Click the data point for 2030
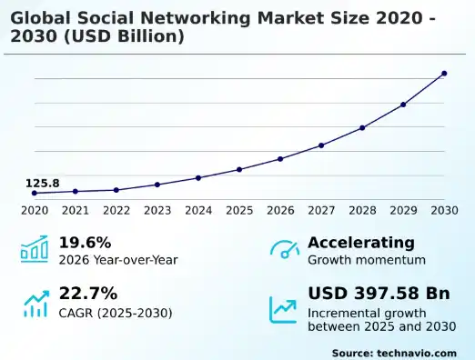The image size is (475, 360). pyautogui.click(x=444, y=74)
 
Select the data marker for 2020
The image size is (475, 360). pyautogui.click(x=35, y=193)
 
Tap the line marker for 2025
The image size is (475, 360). pyautogui.click(x=239, y=170)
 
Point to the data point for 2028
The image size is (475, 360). pyautogui.click(x=362, y=128)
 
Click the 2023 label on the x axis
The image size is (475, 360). pyautogui.click(x=157, y=211)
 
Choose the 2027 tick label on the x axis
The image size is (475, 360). pyautogui.click(x=321, y=211)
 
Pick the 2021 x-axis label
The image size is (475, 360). pyautogui.click(x=76, y=211)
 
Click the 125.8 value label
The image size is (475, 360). pyautogui.click(x=43, y=184)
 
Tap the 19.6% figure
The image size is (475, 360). pyautogui.click(x=85, y=243)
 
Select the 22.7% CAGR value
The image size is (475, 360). pyautogui.click(x=88, y=294)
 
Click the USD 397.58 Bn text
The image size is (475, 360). pyautogui.click(x=379, y=294)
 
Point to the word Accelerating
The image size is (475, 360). pyautogui.click(x=361, y=243)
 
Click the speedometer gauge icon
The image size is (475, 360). pyautogui.click(x=284, y=250)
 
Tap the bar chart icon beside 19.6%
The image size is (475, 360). pyautogui.click(x=35, y=250)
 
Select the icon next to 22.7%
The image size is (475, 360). pyautogui.click(x=35, y=304)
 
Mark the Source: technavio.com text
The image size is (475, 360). pyautogui.click(x=393, y=352)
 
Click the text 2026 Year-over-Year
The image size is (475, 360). pyautogui.click(x=118, y=260)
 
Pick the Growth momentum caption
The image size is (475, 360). pyautogui.click(x=366, y=260)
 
